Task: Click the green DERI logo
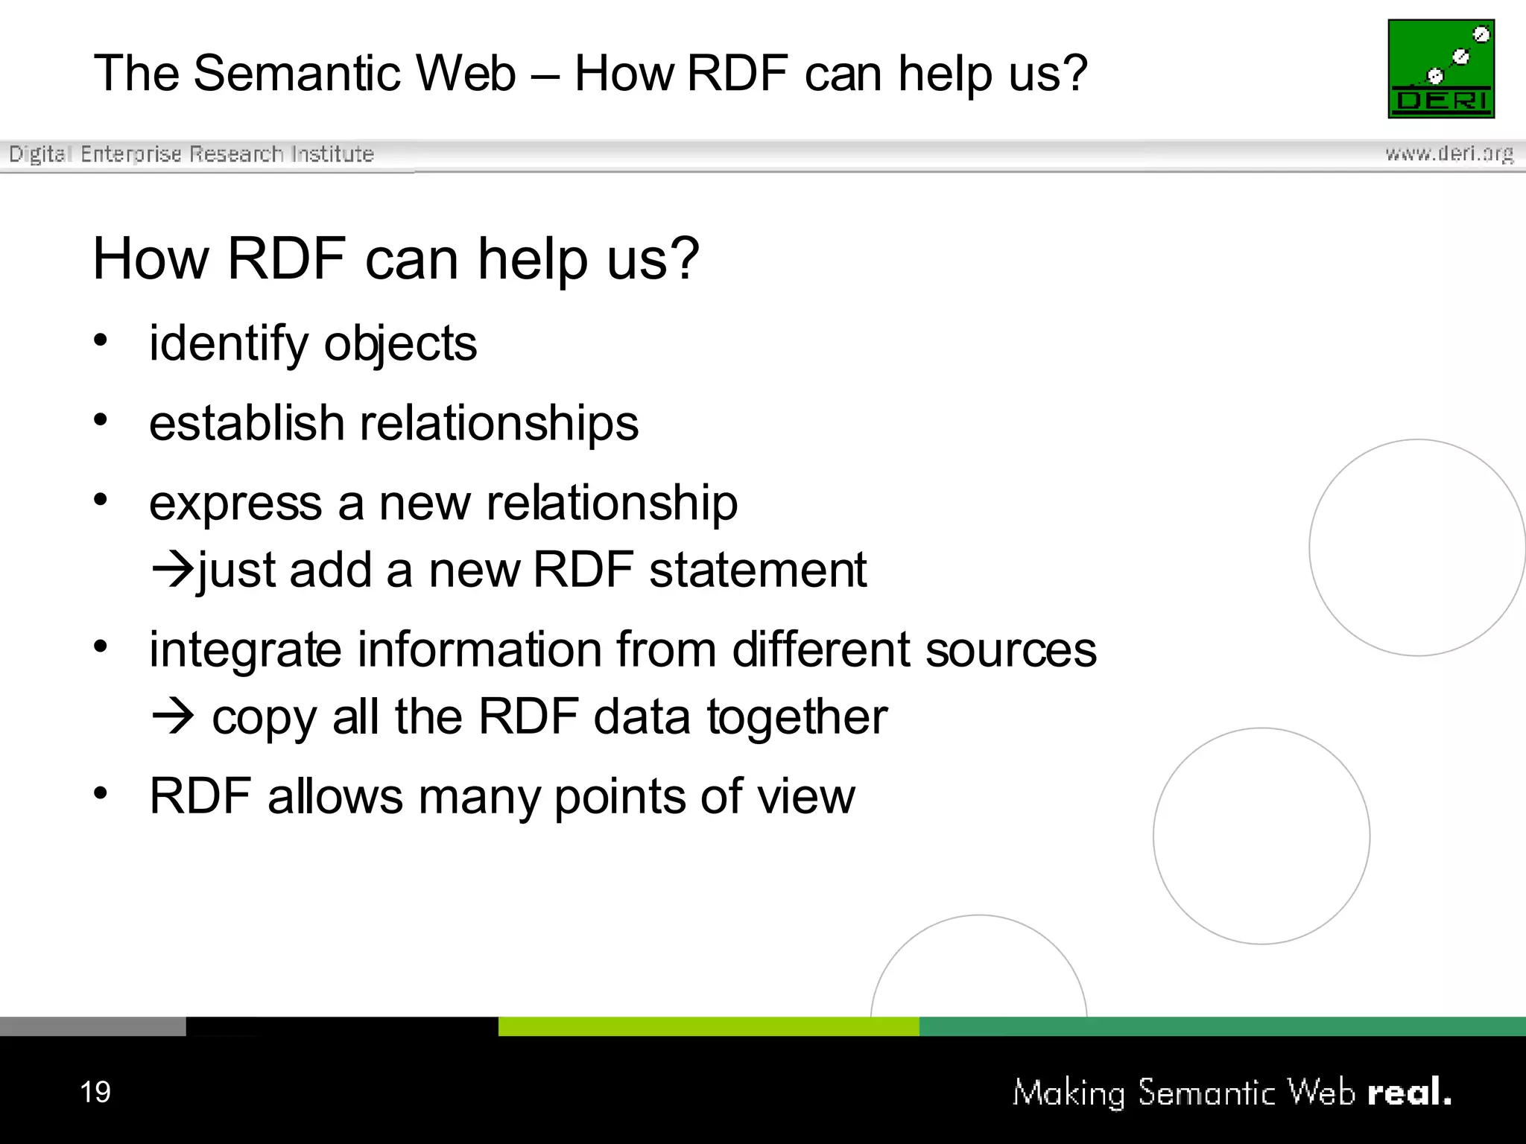click(x=1441, y=69)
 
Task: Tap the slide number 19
click(x=95, y=1092)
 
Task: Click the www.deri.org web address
click(x=1449, y=153)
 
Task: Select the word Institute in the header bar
click(x=332, y=153)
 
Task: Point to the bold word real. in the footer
click(x=1409, y=1093)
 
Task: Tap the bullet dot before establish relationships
click(x=101, y=420)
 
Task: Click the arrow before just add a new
click(x=172, y=571)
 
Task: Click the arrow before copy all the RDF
click(x=172, y=716)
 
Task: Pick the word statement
click(x=758, y=571)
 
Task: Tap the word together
click(x=797, y=716)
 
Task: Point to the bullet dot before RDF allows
click(x=101, y=792)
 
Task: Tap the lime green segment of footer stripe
click(x=708, y=1026)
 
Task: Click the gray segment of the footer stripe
click(x=92, y=1026)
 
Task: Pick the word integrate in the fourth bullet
click(x=245, y=649)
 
